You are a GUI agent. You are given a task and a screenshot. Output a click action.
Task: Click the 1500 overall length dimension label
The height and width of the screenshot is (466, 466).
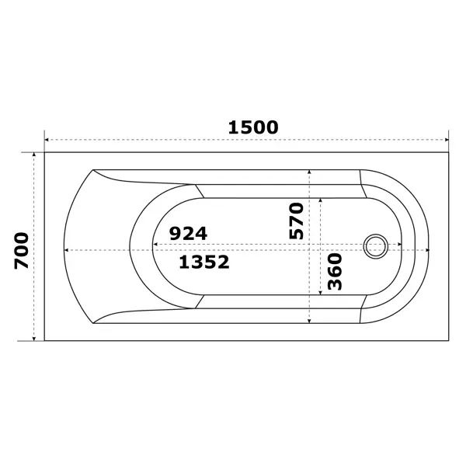(253, 127)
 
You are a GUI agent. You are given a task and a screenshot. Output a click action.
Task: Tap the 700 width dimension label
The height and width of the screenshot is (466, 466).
(22, 251)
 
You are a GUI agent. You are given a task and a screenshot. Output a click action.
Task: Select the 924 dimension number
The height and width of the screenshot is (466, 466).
(188, 233)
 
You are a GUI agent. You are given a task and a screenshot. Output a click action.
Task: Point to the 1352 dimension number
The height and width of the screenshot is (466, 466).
(204, 263)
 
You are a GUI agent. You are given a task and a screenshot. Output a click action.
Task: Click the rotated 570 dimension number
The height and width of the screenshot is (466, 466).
(297, 221)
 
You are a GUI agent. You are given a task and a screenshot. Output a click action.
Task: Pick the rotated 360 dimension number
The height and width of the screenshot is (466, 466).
(335, 271)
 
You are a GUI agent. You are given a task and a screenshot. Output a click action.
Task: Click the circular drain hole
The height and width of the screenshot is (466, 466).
(376, 246)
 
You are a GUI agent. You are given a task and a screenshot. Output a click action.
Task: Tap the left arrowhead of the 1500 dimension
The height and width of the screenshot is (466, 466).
(47, 140)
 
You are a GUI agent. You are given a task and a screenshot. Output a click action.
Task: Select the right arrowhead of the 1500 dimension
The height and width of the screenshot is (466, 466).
(447, 140)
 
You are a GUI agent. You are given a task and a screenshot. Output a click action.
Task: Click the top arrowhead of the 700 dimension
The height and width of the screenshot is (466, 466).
(34, 155)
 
